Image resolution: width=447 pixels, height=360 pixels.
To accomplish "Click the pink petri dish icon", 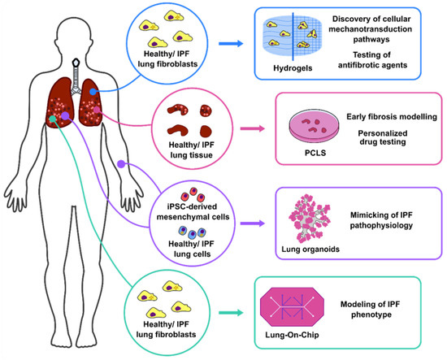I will [315, 126].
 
